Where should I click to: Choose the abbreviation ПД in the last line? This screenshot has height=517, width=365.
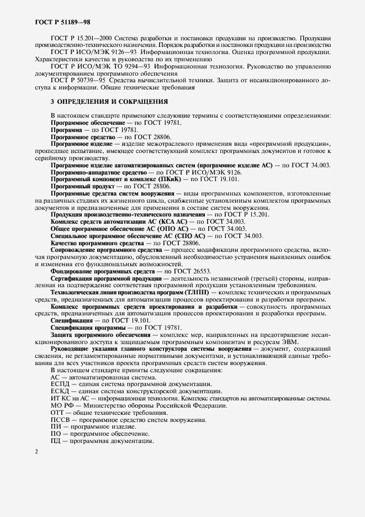56,441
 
